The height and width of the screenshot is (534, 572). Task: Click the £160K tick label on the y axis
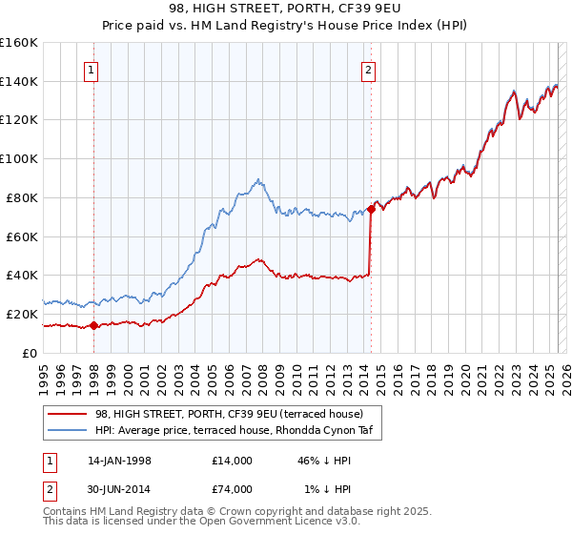(x=19, y=43)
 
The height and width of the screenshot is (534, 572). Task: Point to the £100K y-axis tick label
(x=19, y=159)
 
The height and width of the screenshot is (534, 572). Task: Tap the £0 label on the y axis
(x=29, y=353)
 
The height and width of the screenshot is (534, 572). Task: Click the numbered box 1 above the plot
(x=92, y=70)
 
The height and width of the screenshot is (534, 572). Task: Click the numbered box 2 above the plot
(x=368, y=70)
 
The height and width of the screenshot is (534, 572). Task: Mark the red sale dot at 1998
(x=94, y=325)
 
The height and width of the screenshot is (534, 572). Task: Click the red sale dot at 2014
(x=370, y=209)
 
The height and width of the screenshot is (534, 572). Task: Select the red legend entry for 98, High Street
(x=229, y=414)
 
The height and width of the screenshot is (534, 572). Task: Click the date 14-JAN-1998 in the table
(x=119, y=461)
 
